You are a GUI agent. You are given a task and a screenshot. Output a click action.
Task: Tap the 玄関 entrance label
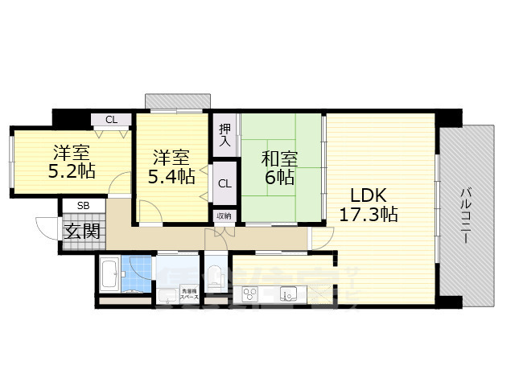pyautogui.click(x=82, y=232)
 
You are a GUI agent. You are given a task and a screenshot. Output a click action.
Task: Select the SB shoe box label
pyautogui.click(x=83, y=206)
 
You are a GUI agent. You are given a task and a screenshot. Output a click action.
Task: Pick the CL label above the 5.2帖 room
pyautogui.click(x=111, y=121)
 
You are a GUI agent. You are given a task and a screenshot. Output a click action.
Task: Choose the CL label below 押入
pyautogui.click(x=225, y=183)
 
